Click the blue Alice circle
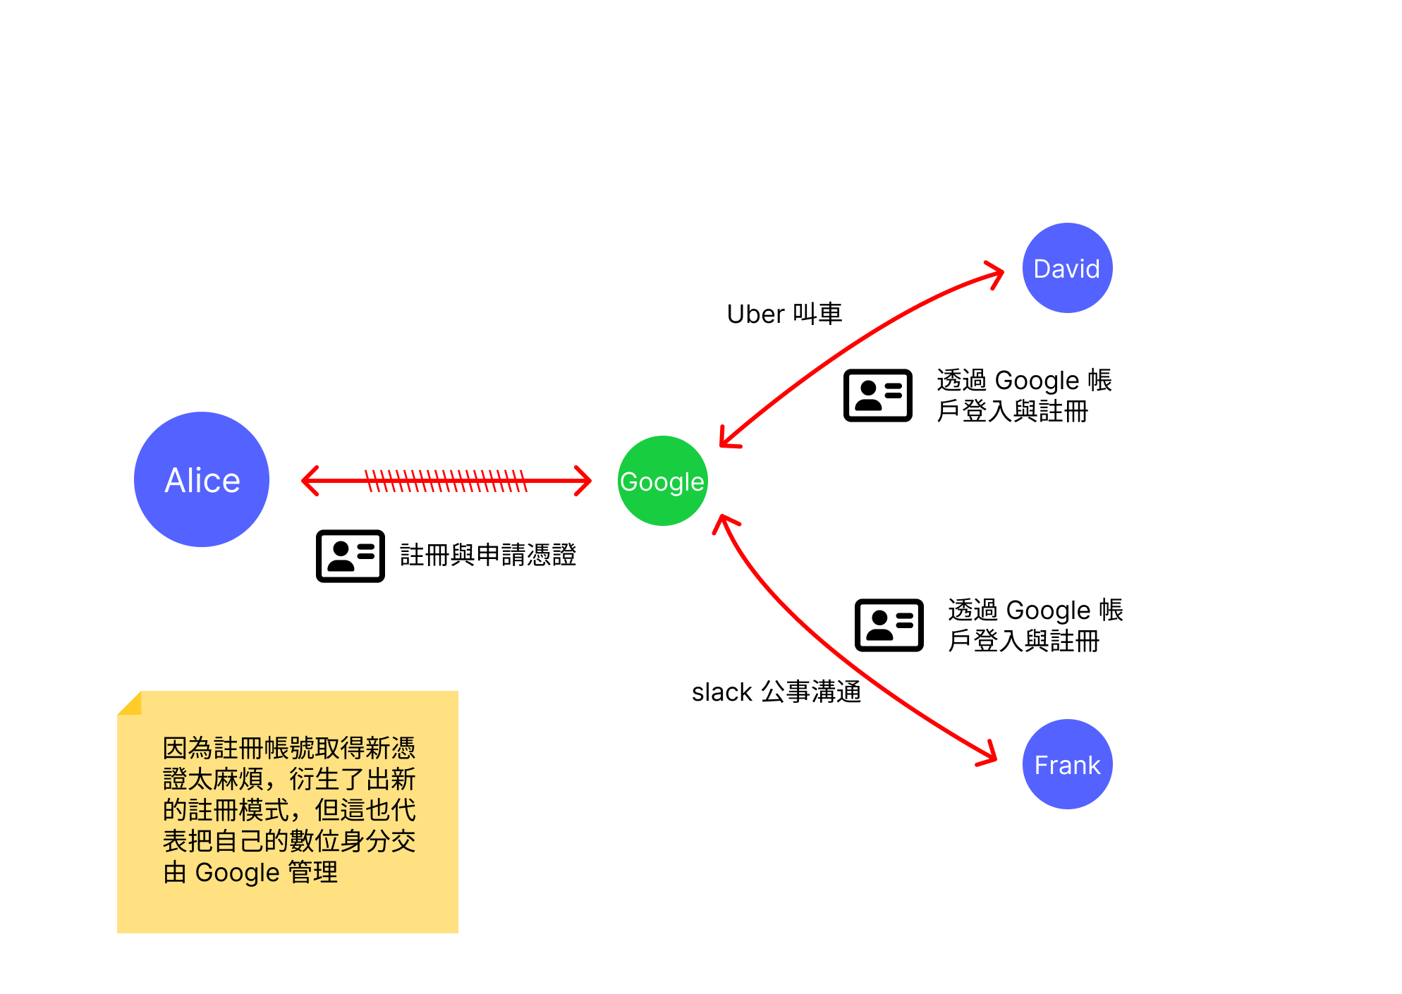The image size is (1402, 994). pos(202,479)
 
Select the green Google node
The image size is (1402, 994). pos(662,481)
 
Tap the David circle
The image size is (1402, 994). pos(1067,268)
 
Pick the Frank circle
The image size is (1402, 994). pos(1067,764)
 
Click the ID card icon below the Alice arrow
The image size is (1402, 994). pos(350,556)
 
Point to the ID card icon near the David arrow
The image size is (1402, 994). pos(878,395)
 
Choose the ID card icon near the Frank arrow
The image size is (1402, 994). pos(889,625)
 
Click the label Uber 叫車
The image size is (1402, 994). pos(784,314)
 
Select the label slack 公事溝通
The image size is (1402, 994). pos(776,692)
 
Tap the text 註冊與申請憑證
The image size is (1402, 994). pos(488,555)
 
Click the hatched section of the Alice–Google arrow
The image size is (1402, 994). pos(446,481)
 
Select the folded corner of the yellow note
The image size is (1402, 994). pos(131,704)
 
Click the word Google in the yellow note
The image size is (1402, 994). pos(237,872)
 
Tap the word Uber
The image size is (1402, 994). pos(755,314)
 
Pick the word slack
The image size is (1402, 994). pos(722,692)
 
